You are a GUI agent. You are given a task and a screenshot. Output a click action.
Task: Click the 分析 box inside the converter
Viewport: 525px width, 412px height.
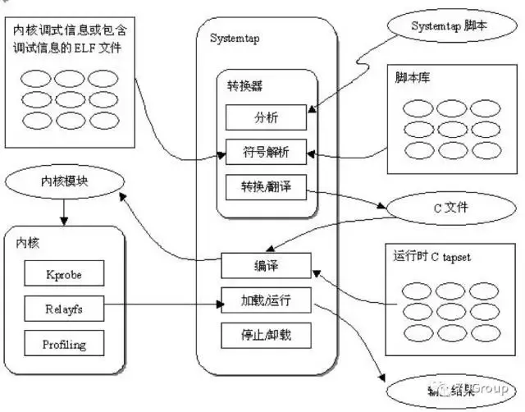pos(267,117)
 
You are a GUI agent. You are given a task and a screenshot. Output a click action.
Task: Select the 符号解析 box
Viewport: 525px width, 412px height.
pos(267,152)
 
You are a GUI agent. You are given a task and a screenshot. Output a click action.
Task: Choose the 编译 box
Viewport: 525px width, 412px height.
pos(267,266)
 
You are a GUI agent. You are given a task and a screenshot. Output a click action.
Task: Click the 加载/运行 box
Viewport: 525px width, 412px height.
pos(267,300)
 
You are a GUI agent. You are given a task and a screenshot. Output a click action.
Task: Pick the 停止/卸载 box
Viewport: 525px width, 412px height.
pos(267,335)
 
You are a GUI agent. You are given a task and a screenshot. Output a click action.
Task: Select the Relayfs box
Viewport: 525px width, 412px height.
pos(63,309)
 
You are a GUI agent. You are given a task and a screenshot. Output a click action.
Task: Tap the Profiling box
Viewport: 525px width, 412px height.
pos(63,344)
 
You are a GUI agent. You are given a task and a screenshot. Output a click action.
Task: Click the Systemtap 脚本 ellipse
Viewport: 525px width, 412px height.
pos(448,25)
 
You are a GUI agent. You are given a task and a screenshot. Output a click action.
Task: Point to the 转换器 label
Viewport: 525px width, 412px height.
pos(244,86)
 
